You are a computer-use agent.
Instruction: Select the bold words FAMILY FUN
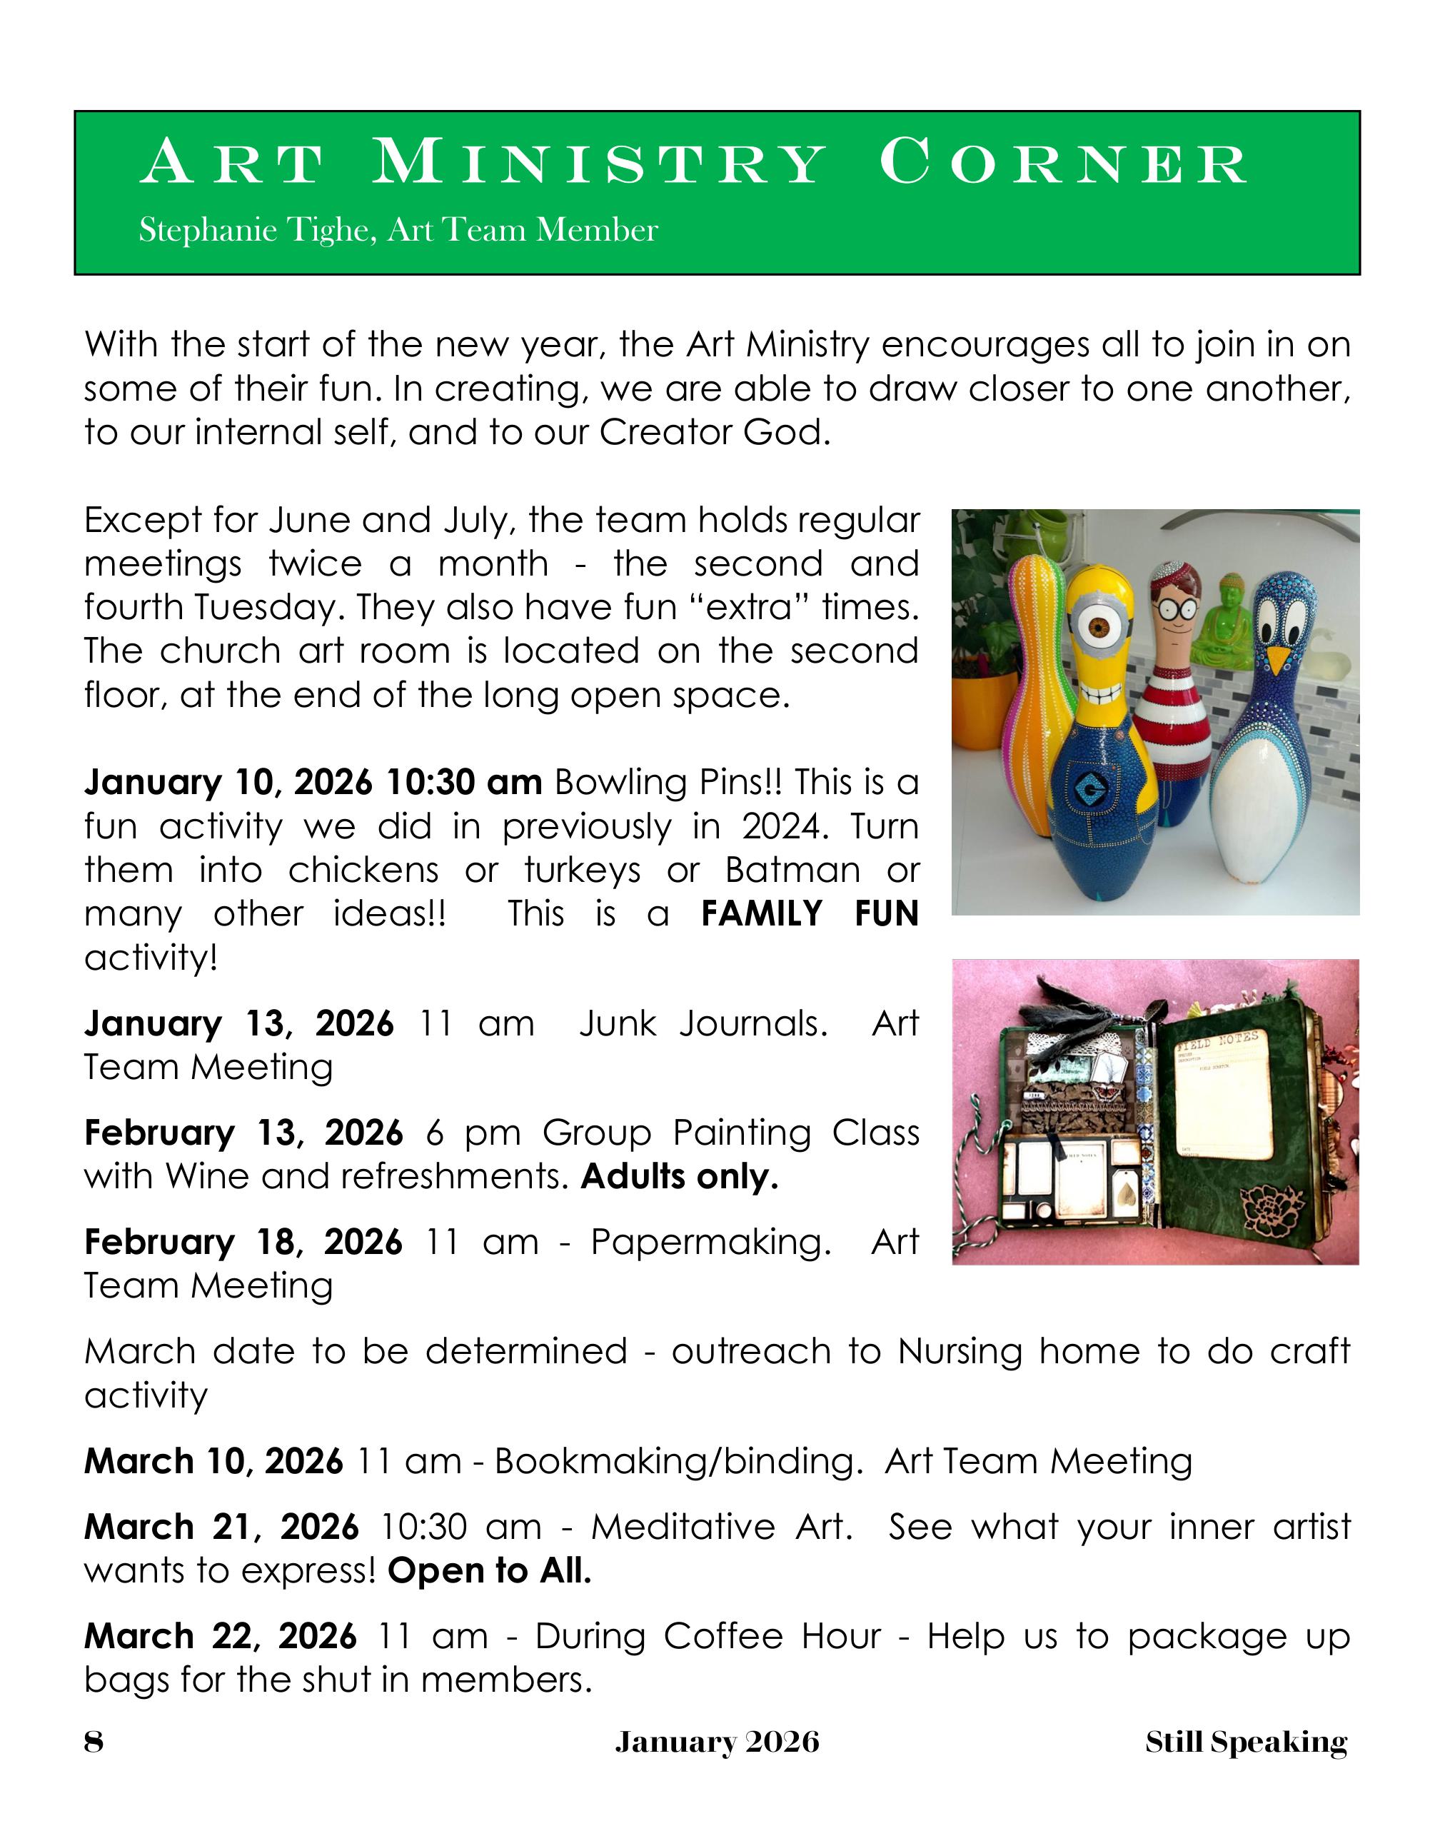809,914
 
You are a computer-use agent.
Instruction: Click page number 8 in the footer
94,1742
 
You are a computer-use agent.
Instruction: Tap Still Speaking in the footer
1245,1742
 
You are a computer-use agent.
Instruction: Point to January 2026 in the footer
717,1742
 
